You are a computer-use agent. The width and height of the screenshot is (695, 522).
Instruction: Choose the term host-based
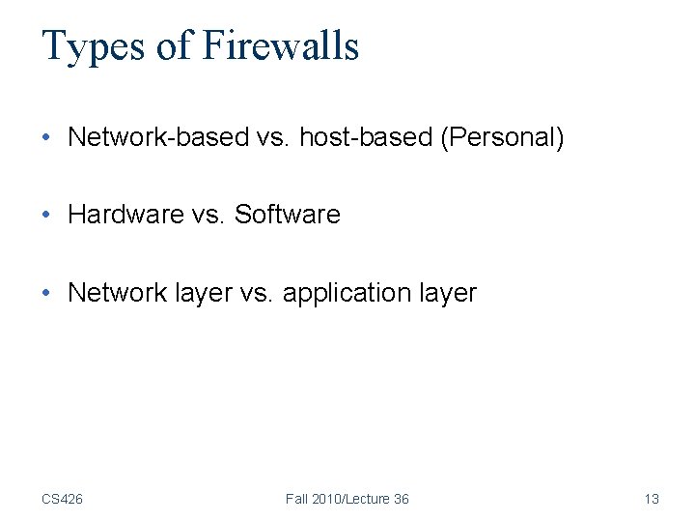(x=366, y=137)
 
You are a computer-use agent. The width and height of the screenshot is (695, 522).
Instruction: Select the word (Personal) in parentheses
(x=502, y=137)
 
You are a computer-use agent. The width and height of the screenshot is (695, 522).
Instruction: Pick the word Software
(x=288, y=215)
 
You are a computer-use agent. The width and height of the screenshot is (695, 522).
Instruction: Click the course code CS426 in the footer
(x=62, y=499)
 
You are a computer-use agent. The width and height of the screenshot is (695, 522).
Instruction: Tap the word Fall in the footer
(x=298, y=499)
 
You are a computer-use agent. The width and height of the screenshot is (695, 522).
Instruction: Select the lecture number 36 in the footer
(x=401, y=499)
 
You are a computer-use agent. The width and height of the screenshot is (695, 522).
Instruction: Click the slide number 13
(x=652, y=499)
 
